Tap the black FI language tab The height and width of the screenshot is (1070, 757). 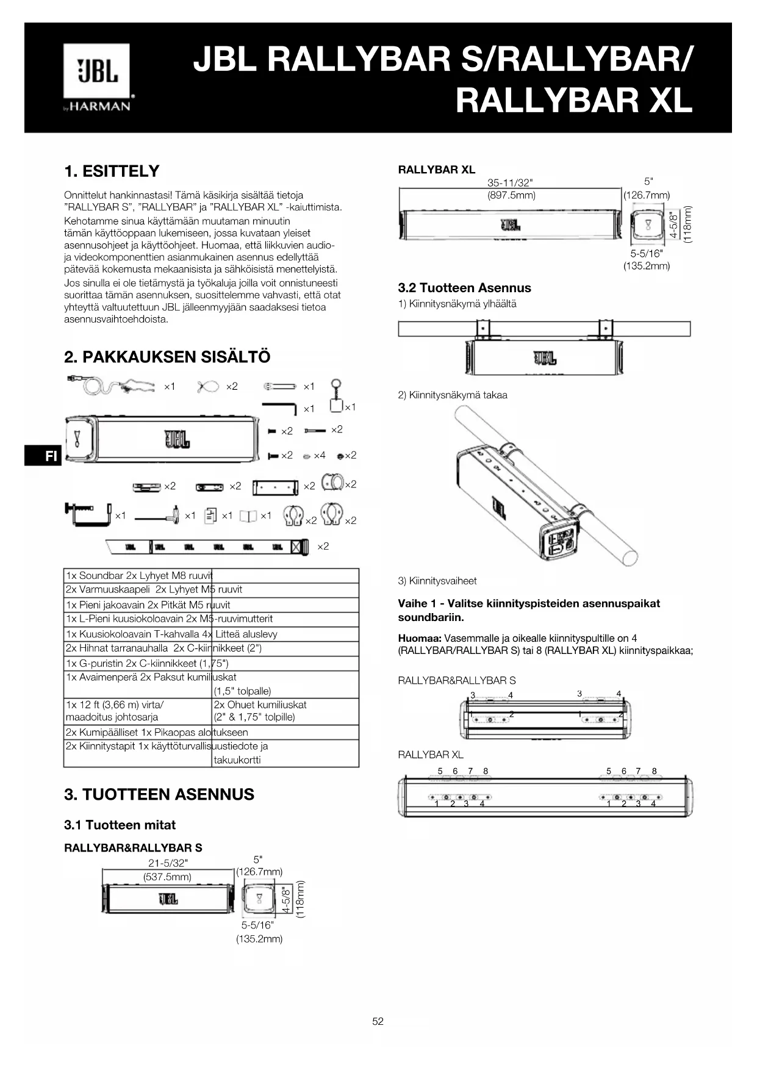click(x=43, y=456)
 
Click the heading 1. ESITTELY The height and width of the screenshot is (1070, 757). click(x=112, y=171)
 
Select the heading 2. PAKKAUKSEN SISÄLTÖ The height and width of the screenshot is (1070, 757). click(x=167, y=357)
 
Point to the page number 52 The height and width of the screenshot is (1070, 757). click(x=378, y=1021)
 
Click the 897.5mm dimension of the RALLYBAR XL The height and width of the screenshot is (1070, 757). click(x=511, y=195)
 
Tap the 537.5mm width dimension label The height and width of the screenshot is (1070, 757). click(x=167, y=877)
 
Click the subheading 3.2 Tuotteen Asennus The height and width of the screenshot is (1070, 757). click(x=464, y=288)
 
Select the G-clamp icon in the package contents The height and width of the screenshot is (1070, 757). click(x=88, y=514)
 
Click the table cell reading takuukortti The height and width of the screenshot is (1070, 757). click(x=237, y=759)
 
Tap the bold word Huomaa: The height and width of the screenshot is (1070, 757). click(x=420, y=638)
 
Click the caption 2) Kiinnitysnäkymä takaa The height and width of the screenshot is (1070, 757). click(x=452, y=395)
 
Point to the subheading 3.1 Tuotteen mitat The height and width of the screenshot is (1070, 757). click(x=120, y=825)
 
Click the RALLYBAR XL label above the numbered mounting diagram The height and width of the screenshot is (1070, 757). click(x=431, y=755)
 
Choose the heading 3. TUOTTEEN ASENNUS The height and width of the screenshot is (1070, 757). click(x=159, y=794)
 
